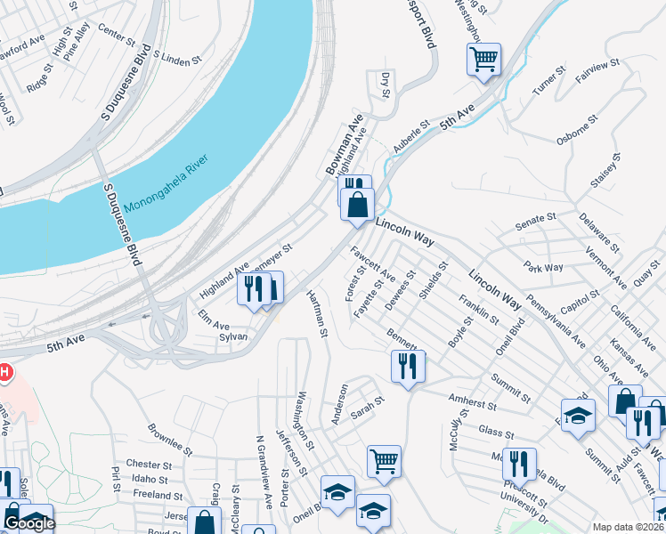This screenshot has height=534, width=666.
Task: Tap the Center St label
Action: (117, 36)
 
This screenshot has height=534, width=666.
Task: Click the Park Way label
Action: (543, 267)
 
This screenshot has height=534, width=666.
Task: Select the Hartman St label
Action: (318, 312)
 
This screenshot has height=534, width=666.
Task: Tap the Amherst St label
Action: (474, 404)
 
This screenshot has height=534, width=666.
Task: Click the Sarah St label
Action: (366, 407)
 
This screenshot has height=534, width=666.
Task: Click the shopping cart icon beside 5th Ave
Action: (484, 60)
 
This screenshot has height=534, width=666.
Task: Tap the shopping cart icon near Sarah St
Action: (384, 460)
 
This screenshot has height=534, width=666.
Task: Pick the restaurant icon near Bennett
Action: (408, 365)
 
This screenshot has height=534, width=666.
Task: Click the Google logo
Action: (29, 523)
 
